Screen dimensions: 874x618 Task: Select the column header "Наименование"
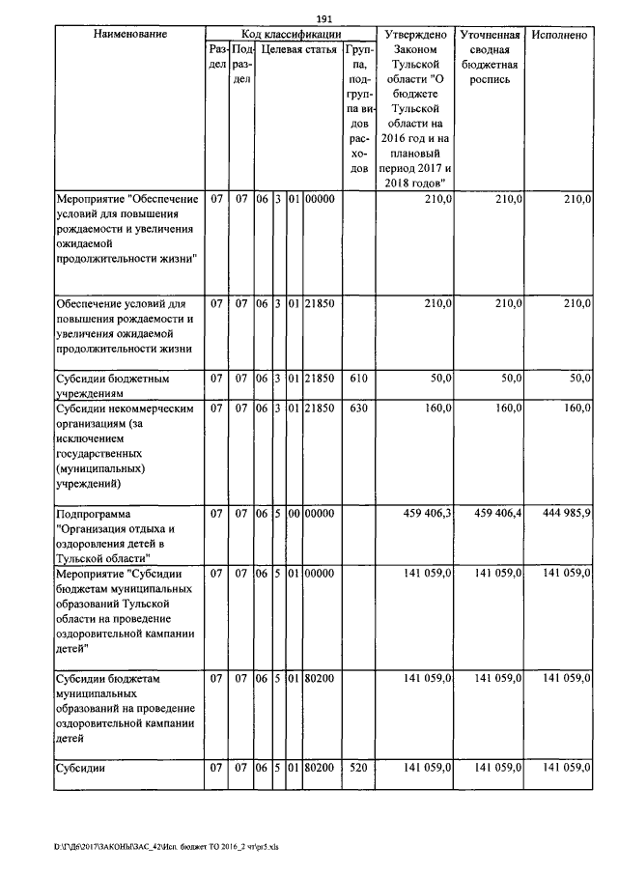[130, 34]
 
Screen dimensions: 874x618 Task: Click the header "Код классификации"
[290, 34]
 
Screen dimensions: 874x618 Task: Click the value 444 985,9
[559, 513]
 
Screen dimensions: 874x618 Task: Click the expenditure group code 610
[358, 379]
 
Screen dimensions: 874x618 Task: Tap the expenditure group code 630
[358, 409]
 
